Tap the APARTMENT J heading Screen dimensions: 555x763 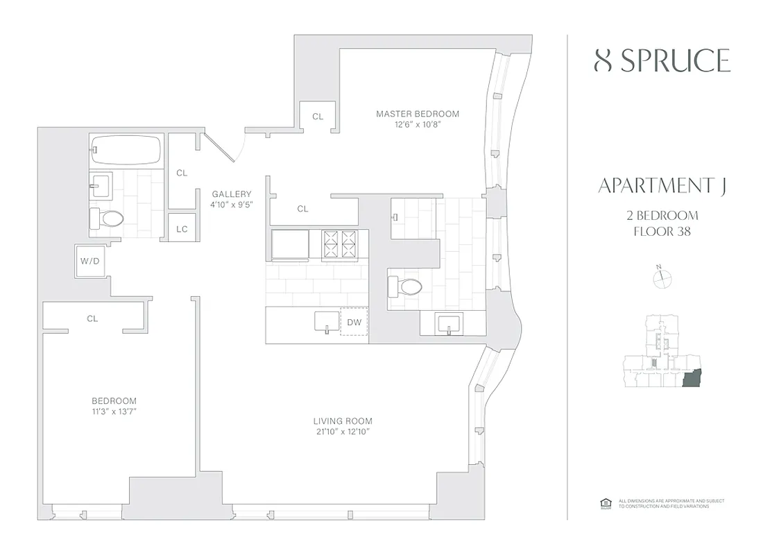pos(656,187)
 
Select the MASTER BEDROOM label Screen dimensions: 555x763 pos(418,114)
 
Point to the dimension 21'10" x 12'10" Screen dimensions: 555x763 pos(343,432)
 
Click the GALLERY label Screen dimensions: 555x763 pos(232,194)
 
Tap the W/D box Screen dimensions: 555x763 pos(89,262)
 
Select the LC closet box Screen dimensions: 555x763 pos(182,228)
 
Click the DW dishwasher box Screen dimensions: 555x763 pos(354,322)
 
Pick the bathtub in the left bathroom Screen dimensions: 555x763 pos(126,148)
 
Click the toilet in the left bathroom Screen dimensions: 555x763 pos(107,219)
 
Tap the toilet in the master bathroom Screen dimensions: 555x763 pos(406,287)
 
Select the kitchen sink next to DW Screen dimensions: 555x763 pos(325,322)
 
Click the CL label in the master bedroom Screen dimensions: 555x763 pos(318,117)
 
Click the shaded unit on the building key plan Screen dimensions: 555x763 pos(691,379)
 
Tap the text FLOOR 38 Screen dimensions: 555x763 pos(662,231)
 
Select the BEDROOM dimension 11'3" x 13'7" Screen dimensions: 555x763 pos(114,412)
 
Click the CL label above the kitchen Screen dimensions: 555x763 pos(302,208)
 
